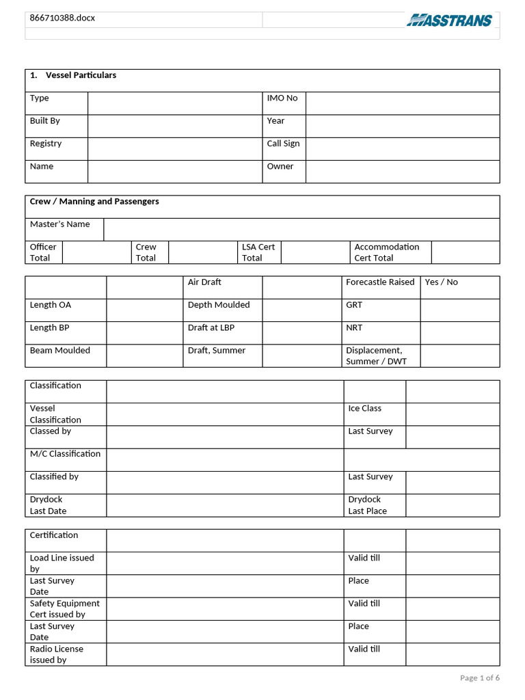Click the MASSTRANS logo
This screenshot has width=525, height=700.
click(449, 21)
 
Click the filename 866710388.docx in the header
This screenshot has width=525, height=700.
click(62, 18)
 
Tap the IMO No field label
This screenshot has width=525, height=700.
click(282, 98)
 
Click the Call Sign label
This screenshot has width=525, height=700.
click(283, 144)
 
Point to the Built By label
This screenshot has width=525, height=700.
click(45, 121)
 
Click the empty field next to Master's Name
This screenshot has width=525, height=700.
click(301, 230)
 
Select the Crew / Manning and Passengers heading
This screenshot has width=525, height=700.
click(94, 202)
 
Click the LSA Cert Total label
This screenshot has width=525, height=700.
click(258, 252)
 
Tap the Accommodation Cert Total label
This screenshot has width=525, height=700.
click(387, 252)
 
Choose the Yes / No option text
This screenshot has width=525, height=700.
click(442, 282)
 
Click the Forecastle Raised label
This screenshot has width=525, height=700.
click(380, 282)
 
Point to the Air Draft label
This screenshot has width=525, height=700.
click(204, 282)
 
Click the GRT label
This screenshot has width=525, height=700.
click(354, 305)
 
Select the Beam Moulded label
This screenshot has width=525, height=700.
click(60, 351)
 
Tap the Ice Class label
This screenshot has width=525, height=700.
click(365, 409)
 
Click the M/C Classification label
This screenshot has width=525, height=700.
click(65, 454)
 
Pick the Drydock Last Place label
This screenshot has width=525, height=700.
click(368, 505)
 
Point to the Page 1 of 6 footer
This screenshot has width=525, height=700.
click(480, 678)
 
